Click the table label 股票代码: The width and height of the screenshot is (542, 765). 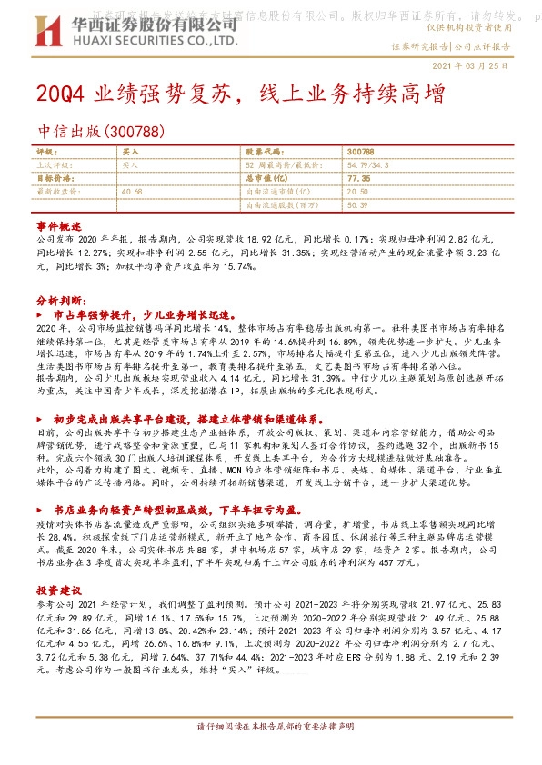point(265,152)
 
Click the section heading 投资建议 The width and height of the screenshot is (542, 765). point(59,564)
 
